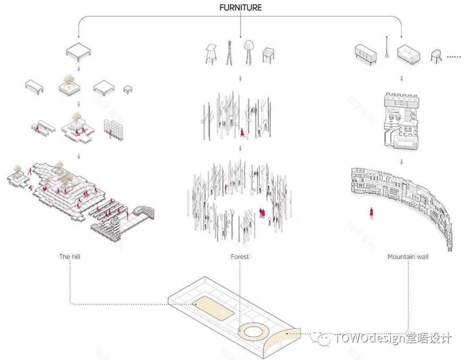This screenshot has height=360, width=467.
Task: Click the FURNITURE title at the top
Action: [x=240, y=8]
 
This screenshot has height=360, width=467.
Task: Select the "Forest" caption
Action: [x=240, y=256]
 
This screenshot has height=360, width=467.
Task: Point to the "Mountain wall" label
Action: [x=408, y=256]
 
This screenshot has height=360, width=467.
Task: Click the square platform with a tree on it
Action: [x=68, y=86]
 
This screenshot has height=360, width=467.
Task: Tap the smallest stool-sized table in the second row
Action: [x=128, y=88]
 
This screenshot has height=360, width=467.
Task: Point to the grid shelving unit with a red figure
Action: [x=114, y=129]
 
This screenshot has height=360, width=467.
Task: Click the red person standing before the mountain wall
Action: [x=371, y=212]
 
